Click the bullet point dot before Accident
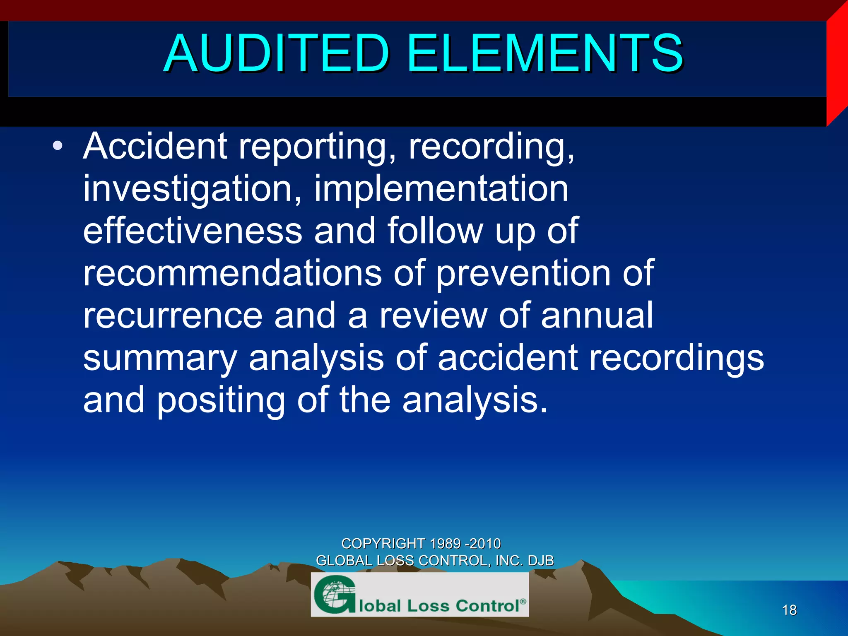point(58,146)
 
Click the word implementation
point(441,189)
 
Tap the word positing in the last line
point(221,400)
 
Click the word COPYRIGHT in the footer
point(383,543)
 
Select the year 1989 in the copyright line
point(446,543)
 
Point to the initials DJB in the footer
point(541,561)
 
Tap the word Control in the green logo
point(488,606)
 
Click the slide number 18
point(789,610)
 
